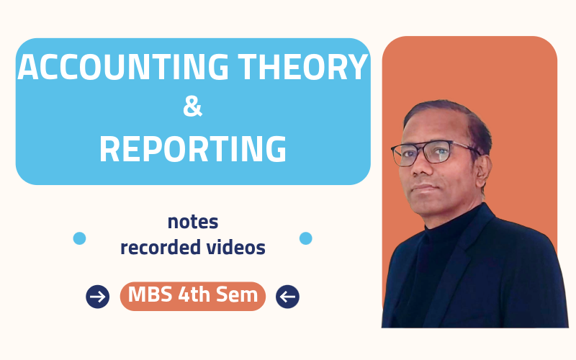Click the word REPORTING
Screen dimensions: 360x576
tap(192, 148)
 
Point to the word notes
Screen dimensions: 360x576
tap(192, 222)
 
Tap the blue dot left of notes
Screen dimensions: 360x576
tap(79, 238)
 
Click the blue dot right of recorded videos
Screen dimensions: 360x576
tap(305, 238)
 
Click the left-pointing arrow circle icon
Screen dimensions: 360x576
tap(287, 296)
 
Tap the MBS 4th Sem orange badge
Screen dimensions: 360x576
tap(192, 296)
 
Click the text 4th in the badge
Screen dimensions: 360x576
tap(194, 296)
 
